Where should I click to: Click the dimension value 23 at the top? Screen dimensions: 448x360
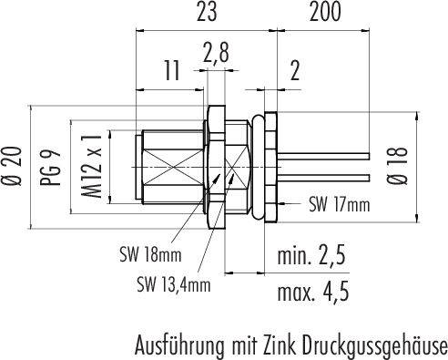click(x=207, y=12)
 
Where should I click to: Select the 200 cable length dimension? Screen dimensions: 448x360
click(x=325, y=12)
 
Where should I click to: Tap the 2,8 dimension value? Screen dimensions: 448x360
click(x=216, y=53)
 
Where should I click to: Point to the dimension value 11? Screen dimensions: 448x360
click(x=171, y=71)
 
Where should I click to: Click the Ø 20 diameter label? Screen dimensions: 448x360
click(x=13, y=166)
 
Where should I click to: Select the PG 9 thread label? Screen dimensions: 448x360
click(x=50, y=168)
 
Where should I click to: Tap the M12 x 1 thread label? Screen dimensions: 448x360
click(x=91, y=166)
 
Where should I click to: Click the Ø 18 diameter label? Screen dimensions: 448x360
click(x=397, y=166)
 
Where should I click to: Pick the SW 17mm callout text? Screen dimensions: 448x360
click(x=340, y=204)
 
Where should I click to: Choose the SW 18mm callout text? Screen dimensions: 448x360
click(x=150, y=254)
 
